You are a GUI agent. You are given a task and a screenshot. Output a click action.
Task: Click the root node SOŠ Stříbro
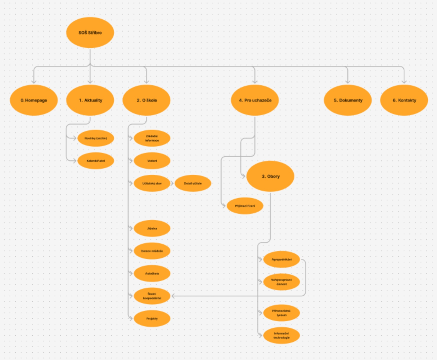coord(90,33)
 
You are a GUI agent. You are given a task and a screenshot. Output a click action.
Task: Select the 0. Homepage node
coord(34,100)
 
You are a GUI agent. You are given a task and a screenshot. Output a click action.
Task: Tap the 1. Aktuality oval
coord(90,100)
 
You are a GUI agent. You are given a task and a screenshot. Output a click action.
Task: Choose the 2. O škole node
coord(146,100)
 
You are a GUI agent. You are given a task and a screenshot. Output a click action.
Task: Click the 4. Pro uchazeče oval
coord(255,100)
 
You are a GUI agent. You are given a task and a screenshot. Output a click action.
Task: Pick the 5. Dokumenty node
coord(348,100)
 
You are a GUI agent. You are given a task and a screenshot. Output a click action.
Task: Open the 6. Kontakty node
coord(404,100)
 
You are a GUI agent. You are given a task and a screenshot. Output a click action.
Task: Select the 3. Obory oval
coord(270,176)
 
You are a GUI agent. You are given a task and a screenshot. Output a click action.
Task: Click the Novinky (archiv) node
coord(96,139)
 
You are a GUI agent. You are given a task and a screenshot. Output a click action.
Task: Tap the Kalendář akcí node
coord(96,161)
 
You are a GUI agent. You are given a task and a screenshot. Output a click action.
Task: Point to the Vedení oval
coord(152,161)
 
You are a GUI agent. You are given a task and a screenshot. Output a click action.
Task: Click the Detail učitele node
coord(193,184)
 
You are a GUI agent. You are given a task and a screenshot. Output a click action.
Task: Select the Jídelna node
coord(152,229)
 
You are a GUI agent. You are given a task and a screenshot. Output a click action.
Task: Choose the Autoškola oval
coord(152,274)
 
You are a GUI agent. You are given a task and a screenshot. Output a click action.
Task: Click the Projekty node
coord(152,319)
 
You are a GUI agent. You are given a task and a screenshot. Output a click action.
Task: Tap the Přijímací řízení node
coord(245,206)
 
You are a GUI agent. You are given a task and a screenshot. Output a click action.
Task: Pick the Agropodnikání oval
coord(281,259)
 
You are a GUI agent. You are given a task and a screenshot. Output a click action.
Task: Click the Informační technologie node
coord(281,336)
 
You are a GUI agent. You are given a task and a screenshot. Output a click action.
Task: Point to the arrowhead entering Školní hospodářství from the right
coord(173,296)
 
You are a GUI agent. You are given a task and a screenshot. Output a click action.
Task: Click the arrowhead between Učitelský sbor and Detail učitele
coord(172,184)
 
